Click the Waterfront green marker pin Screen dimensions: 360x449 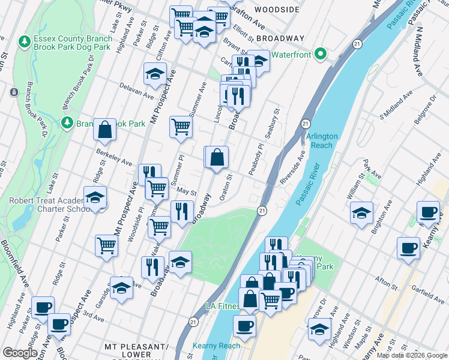[x=321, y=55]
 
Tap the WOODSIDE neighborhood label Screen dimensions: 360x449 [x=277, y=10]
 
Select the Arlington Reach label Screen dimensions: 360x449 [x=322, y=141]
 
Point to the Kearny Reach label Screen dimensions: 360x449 [x=216, y=346]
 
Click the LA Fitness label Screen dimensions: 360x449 [x=222, y=306]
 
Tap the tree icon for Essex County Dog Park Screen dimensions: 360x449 [x=24, y=41]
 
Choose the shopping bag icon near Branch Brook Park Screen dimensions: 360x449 [x=105, y=130]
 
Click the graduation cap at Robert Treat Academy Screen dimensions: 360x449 [x=95, y=198]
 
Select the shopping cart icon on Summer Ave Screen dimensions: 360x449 [x=181, y=127]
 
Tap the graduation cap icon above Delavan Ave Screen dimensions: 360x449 [x=155, y=74]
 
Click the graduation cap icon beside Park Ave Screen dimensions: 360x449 [x=361, y=213]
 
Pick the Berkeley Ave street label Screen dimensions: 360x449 [x=114, y=158]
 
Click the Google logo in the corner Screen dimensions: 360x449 [x=20, y=353]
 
